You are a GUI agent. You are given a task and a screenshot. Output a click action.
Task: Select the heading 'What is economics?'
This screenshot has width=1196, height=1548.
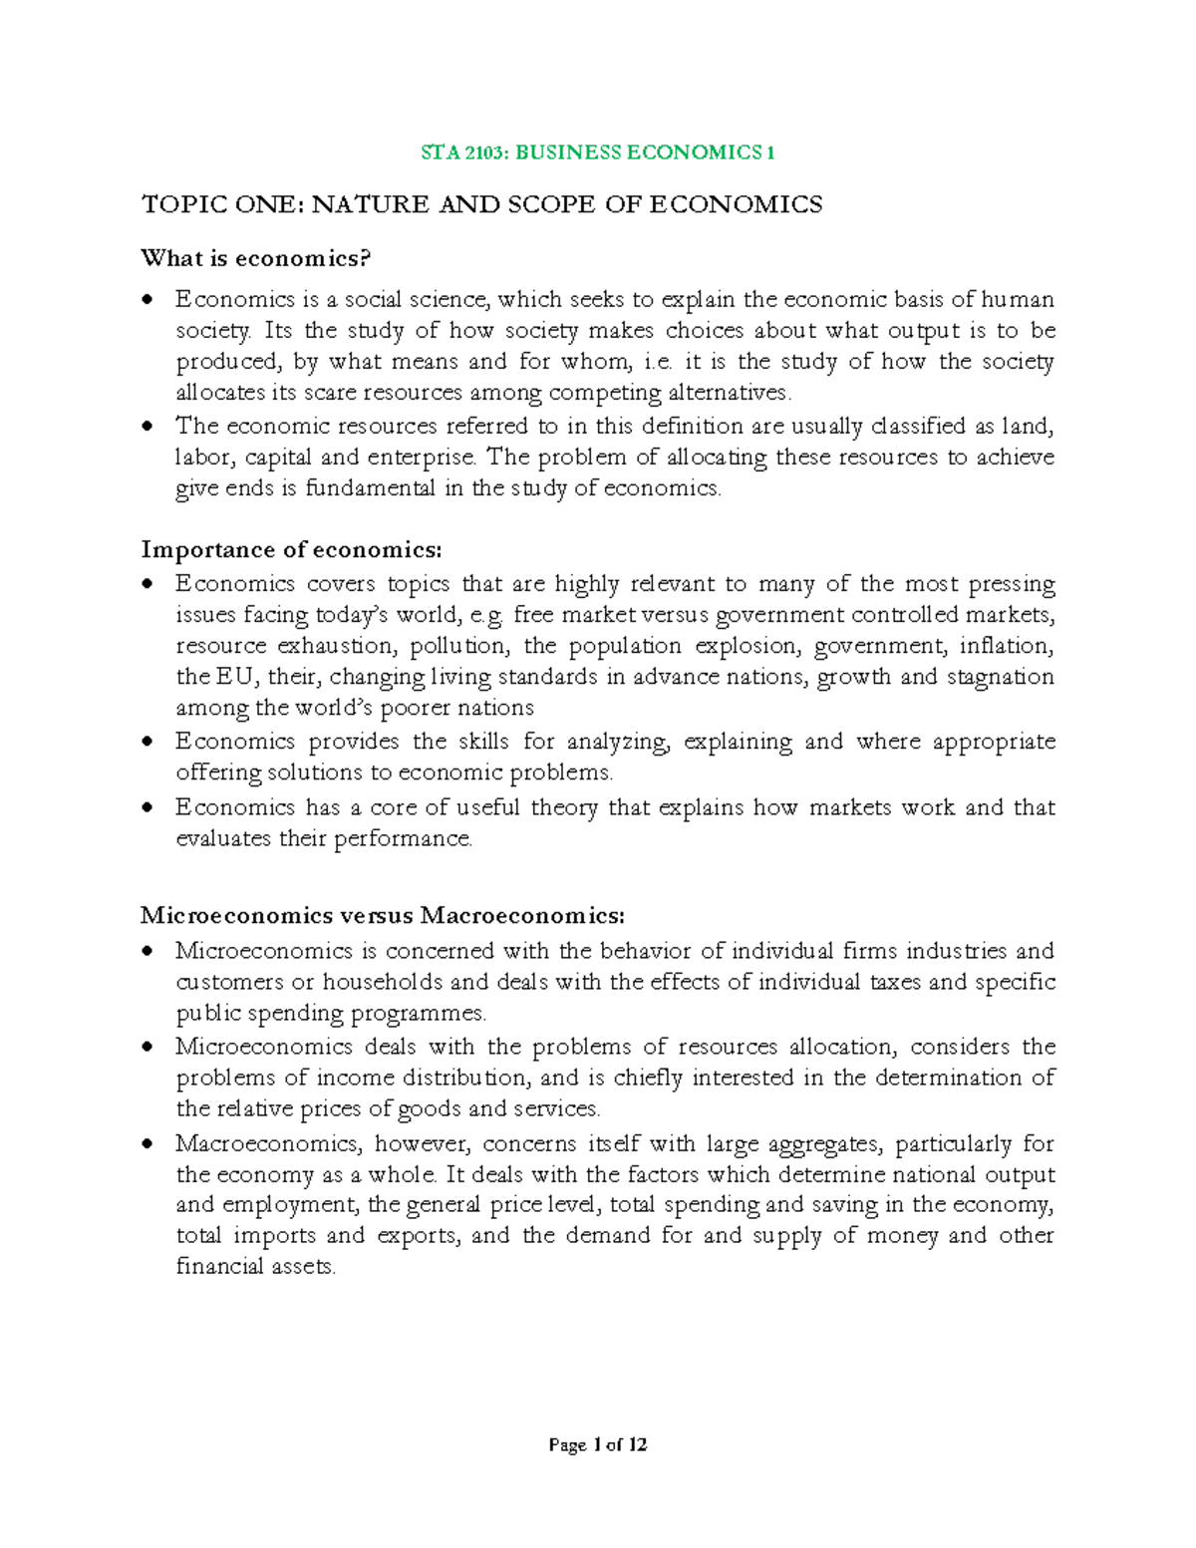(x=256, y=259)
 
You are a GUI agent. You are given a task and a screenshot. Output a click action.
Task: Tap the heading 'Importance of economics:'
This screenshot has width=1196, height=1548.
(x=290, y=550)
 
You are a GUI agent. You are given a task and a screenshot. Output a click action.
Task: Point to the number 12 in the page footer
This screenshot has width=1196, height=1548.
(x=638, y=1444)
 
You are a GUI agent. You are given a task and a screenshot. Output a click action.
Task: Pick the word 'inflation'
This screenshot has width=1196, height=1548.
(x=1006, y=646)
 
